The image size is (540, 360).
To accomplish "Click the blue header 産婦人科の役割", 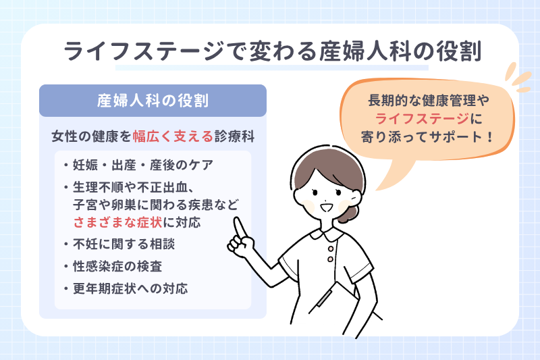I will coord(153,101).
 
